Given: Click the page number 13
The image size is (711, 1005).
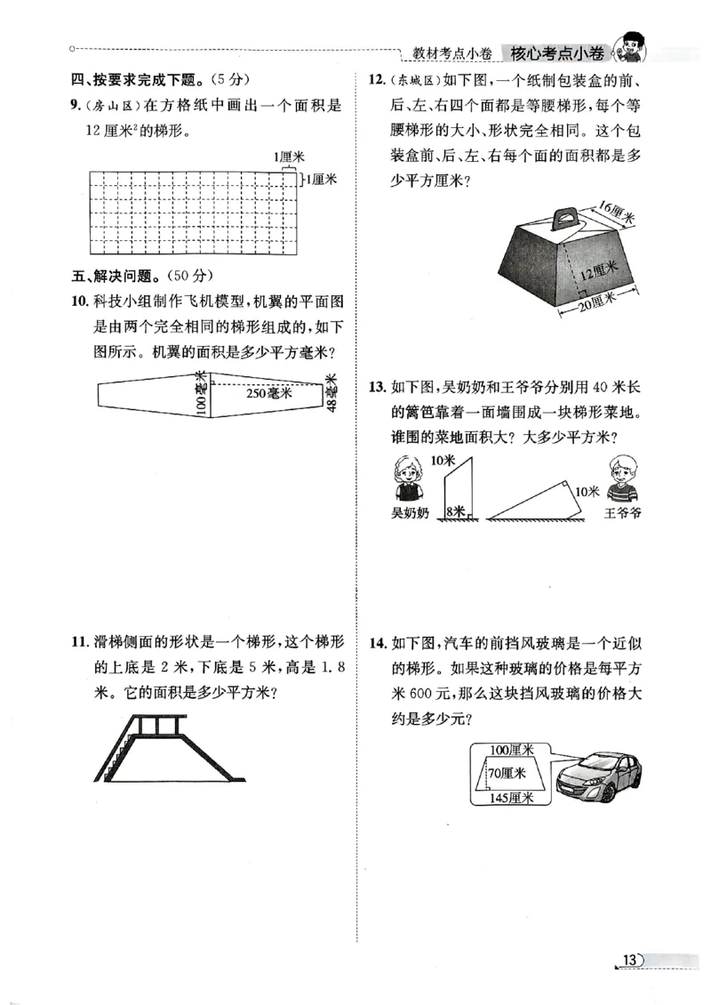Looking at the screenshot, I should (x=630, y=959).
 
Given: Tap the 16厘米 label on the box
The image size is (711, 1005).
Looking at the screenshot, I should (x=613, y=212).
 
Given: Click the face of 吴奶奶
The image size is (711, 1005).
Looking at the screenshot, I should (x=408, y=472).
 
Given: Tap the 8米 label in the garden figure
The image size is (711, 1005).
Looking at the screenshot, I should (x=456, y=511).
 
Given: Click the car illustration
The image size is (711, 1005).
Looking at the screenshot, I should (x=600, y=776).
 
